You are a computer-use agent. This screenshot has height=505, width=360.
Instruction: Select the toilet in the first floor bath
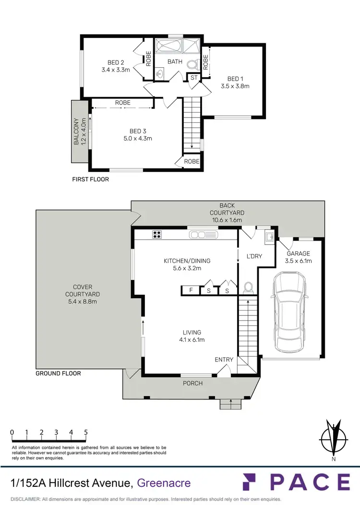click(192, 65)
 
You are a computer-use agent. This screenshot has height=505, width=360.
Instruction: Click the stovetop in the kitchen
click(157, 235)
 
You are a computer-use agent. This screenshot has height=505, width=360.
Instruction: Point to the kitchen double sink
click(204, 235)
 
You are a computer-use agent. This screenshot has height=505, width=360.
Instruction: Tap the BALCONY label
click(76, 132)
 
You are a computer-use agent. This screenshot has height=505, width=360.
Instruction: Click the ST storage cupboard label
click(194, 78)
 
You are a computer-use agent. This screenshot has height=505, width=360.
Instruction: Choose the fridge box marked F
click(191, 290)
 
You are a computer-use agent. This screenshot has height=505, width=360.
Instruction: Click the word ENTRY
click(224, 360)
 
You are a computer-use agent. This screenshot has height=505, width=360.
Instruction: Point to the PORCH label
click(193, 383)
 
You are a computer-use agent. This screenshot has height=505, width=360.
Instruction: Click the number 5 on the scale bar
click(86, 432)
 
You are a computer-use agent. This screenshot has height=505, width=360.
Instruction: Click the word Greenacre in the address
click(164, 483)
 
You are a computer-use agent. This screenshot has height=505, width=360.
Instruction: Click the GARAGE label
click(299, 253)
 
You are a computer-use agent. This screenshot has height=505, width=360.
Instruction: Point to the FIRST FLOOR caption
click(91, 180)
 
